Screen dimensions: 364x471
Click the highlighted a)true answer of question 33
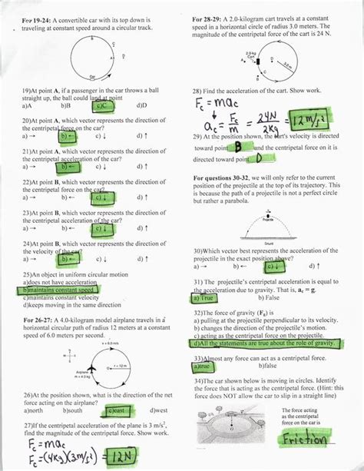tap(207, 367)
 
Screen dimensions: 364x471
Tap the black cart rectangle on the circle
tap(259, 59)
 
